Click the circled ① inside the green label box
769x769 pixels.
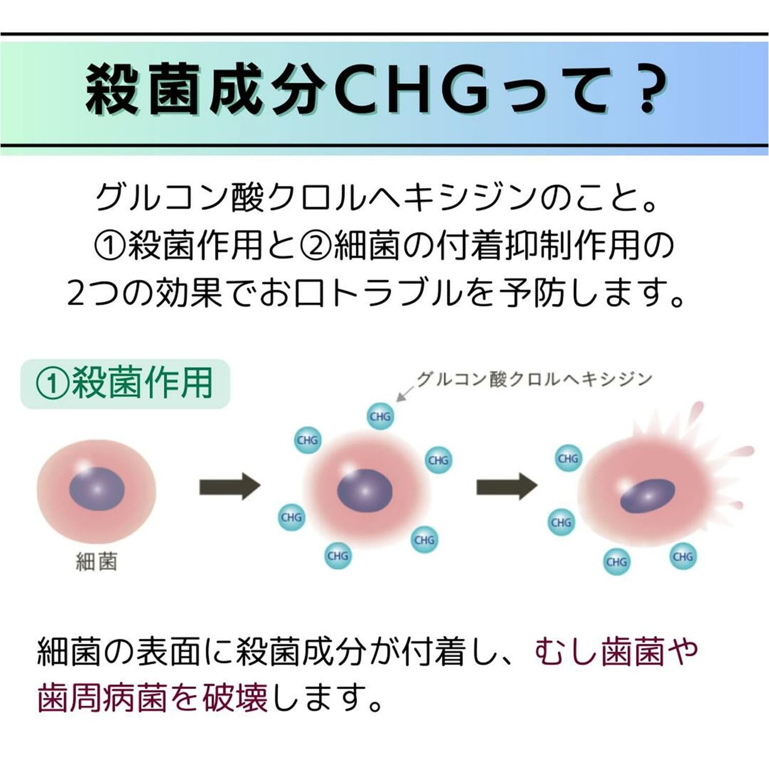52,383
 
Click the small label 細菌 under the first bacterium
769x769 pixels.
96,562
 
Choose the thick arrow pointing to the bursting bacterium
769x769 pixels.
506,486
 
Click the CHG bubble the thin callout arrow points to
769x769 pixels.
380,416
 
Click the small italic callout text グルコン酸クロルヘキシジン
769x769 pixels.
534,379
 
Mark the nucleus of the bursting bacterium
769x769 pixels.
646,495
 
